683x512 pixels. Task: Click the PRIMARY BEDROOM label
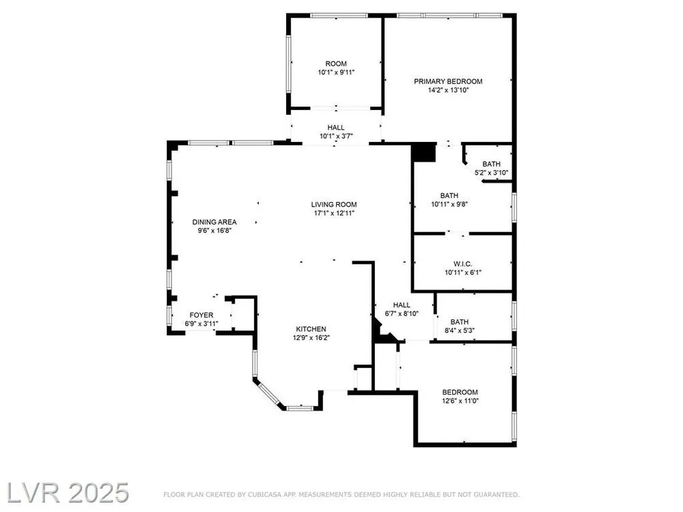(x=448, y=81)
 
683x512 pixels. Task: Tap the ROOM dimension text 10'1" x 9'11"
(x=336, y=73)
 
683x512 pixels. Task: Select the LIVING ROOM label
(x=334, y=205)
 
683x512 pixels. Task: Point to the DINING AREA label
(x=214, y=222)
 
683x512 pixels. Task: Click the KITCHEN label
(x=311, y=329)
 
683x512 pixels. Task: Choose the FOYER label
(x=201, y=315)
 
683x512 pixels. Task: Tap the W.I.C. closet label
(x=462, y=264)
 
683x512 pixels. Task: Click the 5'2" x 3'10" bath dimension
(x=491, y=173)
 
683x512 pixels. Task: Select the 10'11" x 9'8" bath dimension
(x=449, y=204)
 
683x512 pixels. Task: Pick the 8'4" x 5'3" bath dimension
(x=460, y=330)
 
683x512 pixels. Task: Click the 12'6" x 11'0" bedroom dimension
(x=460, y=401)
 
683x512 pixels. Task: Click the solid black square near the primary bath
(x=424, y=152)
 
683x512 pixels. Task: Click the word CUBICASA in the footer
(x=264, y=494)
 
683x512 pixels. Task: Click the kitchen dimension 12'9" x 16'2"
(x=311, y=338)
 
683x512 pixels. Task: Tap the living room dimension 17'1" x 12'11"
(x=334, y=213)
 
